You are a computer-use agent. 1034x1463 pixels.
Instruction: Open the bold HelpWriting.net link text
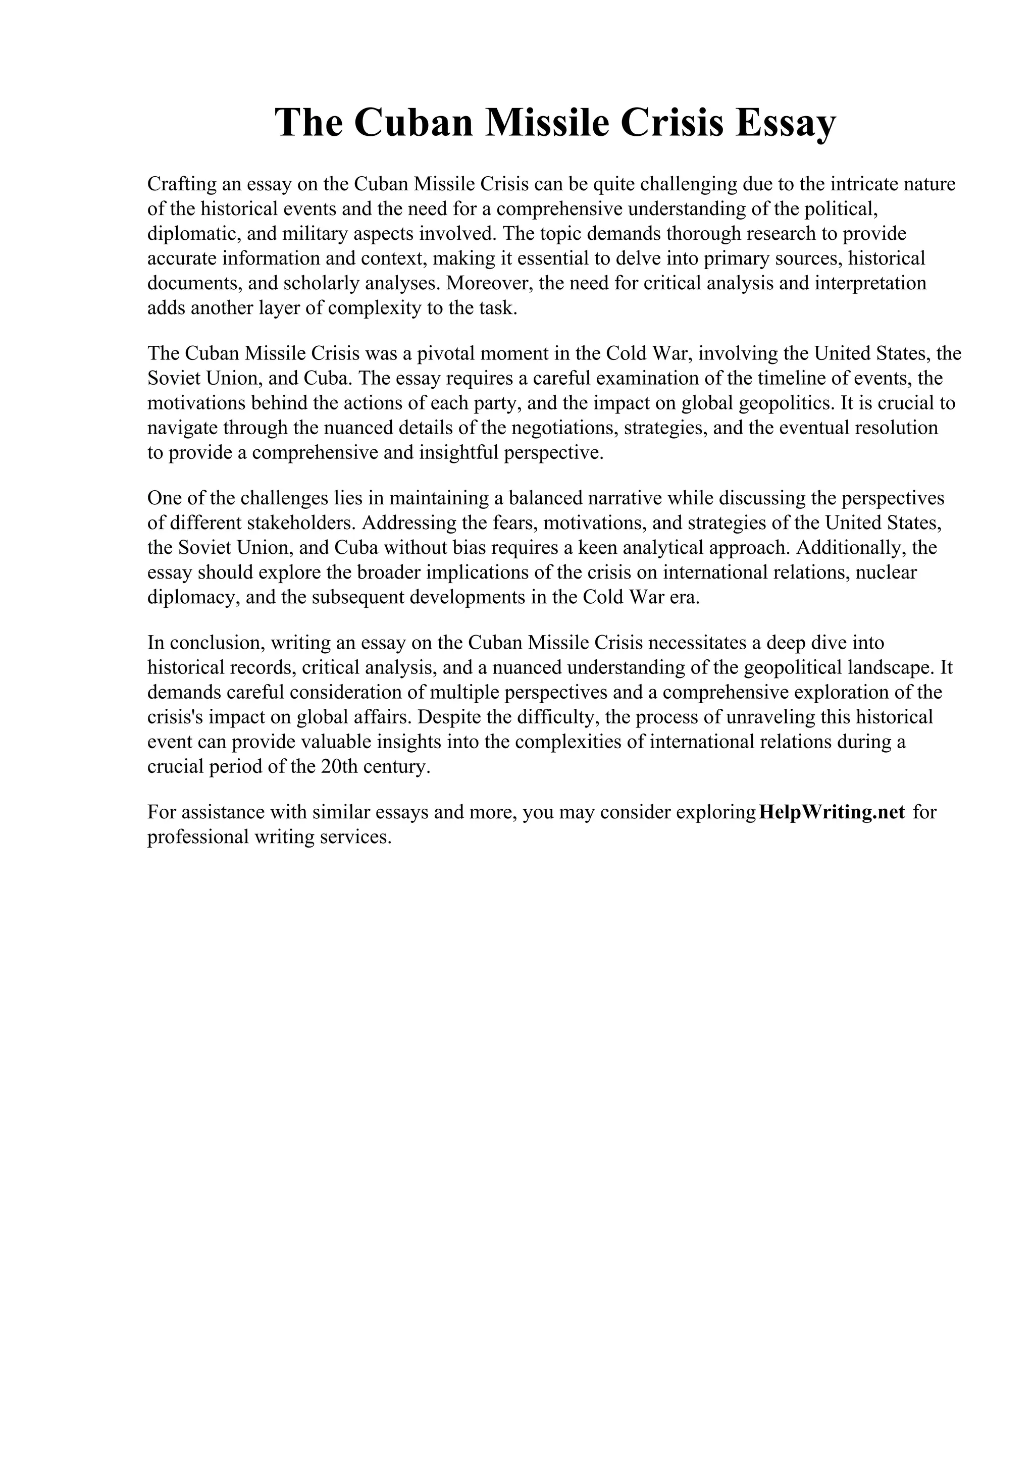click(x=832, y=812)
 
